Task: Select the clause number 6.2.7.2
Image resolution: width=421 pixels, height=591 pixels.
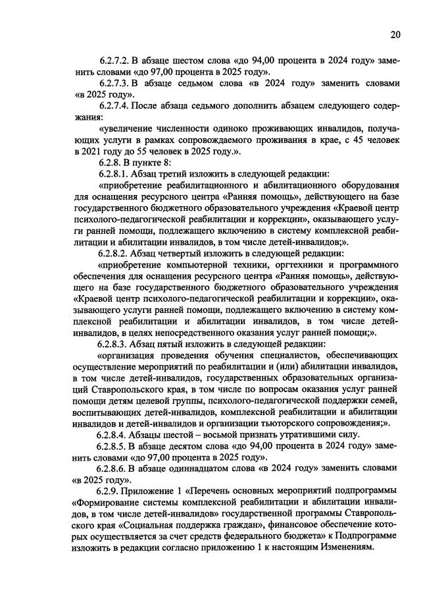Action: [x=116, y=60]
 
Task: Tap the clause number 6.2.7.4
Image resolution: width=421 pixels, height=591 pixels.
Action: [x=116, y=105]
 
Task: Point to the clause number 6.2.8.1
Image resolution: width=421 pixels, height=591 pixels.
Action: [x=116, y=174]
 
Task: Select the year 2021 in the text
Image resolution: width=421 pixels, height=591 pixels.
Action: [x=86, y=152]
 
